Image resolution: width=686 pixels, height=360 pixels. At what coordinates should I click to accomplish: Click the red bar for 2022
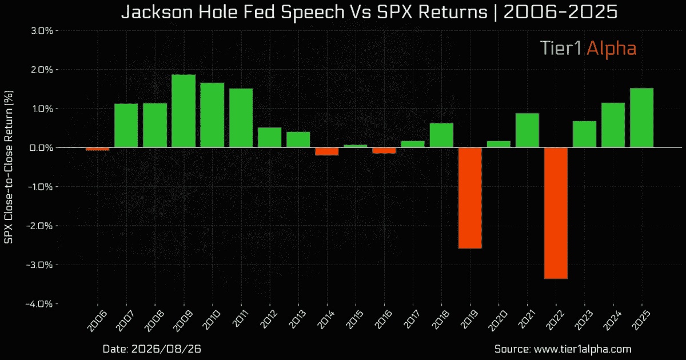coord(556,213)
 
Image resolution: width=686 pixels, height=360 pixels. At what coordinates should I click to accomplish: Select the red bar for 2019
coord(470,198)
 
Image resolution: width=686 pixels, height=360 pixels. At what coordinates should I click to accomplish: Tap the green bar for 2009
coord(184,111)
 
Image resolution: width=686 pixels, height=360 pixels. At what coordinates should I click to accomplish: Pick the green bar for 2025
coord(641,118)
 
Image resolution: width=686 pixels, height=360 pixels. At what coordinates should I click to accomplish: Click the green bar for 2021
coord(527,130)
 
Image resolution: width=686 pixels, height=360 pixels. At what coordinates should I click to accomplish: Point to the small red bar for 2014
coord(327,151)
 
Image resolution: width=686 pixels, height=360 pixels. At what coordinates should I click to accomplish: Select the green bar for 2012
coord(269,138)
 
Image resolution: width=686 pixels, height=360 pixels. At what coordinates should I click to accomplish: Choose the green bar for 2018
coord(441,135)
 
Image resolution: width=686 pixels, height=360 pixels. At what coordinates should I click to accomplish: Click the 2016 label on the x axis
coord(382,320)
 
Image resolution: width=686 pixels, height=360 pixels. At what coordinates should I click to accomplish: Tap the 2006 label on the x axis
coord(97,320)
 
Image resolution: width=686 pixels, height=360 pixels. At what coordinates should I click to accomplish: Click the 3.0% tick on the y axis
coord(42,31)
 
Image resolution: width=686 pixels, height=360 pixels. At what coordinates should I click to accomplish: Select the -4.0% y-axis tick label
coord(39,304)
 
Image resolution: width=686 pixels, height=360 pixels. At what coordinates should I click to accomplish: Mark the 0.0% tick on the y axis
coord(41,148)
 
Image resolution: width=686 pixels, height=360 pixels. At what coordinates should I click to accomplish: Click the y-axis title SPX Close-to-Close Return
coord(9,167)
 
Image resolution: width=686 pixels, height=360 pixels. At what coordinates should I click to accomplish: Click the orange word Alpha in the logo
coord(612,49)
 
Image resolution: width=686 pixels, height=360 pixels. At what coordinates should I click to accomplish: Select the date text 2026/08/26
coord(166,349)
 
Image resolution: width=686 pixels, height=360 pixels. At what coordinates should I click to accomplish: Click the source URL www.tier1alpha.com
coord(583,349)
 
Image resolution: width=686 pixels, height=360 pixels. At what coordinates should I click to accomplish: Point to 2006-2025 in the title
coord(560,12)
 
